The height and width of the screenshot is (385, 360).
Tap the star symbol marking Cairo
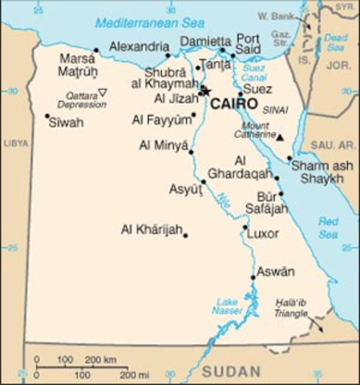coord(204,91)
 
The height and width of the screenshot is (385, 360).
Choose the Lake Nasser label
coord(227,306)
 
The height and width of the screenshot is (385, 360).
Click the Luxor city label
coord(263,234)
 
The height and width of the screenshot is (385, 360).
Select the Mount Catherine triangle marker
coord(280,138)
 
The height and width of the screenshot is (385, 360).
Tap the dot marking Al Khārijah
coord(185,235)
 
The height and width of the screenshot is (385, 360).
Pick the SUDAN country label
coord(231,371)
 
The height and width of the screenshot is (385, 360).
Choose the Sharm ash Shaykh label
coord(317,172)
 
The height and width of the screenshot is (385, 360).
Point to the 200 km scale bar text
coord(100,359)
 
